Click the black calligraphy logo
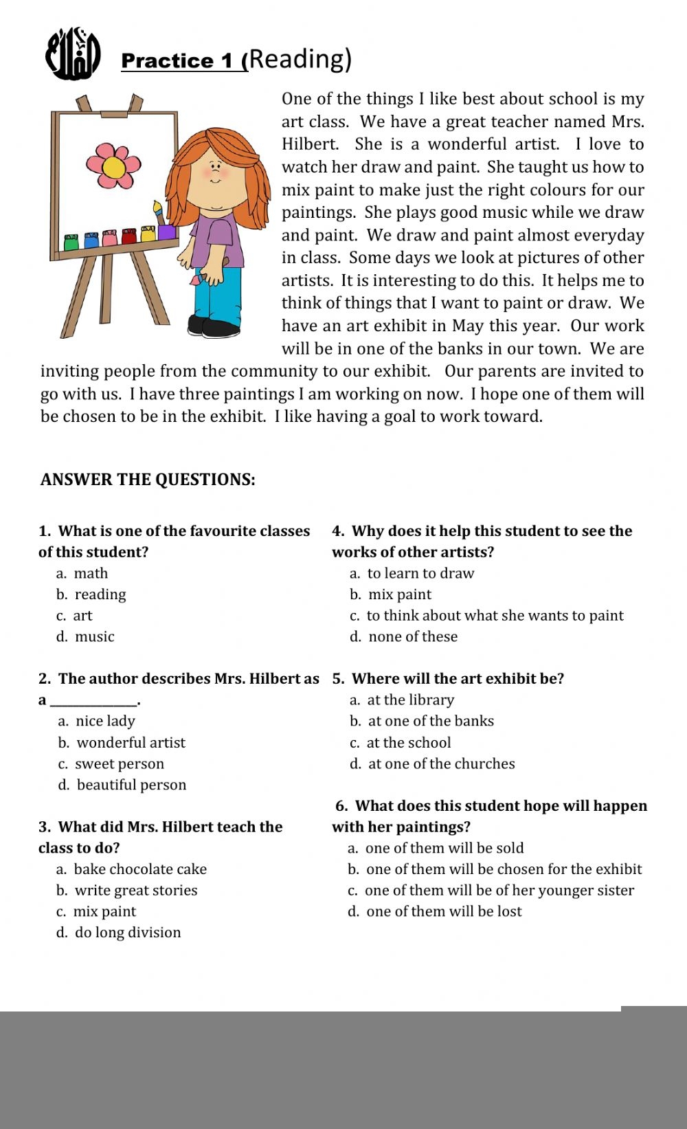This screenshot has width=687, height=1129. (x=73, y=54)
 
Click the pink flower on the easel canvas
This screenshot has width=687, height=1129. (x=113, y=166)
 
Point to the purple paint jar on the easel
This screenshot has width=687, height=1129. (x=166, y=232)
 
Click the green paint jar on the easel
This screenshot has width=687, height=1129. (x=71, y=242)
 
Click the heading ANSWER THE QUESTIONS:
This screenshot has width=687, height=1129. (x=148, y=480)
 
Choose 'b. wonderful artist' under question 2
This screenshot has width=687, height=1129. (x=122, y=743)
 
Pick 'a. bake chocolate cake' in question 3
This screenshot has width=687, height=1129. (x=132, y=869)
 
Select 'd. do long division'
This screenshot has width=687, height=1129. (x=119, y=932)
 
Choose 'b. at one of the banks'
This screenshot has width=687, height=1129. (x=422, y=721)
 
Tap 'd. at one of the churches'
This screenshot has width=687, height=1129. (x=432, y=763)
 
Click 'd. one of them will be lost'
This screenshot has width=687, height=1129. (x=435, y=911)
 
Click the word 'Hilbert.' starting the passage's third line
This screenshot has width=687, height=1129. (x=311, y=144)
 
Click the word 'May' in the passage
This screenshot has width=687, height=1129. (x=466, y=326)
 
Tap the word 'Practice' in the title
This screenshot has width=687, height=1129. (x=167, y=61)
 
